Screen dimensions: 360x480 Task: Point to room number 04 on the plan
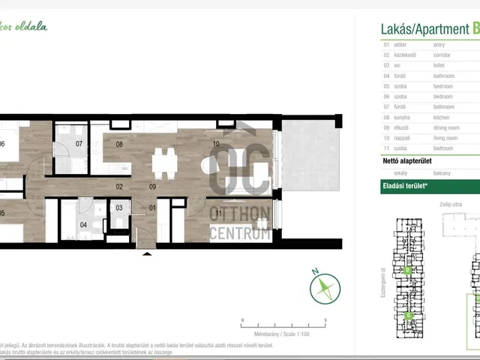coord(83,223)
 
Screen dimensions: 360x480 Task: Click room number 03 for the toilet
coord(119,207)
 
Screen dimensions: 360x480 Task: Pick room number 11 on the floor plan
coord(217,213)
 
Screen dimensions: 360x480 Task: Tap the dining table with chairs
coord(163,162)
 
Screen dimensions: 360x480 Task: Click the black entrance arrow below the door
coord(146,253)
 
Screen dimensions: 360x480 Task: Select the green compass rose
coord(324,289)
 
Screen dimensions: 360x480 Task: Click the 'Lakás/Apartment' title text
coord(424,28)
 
